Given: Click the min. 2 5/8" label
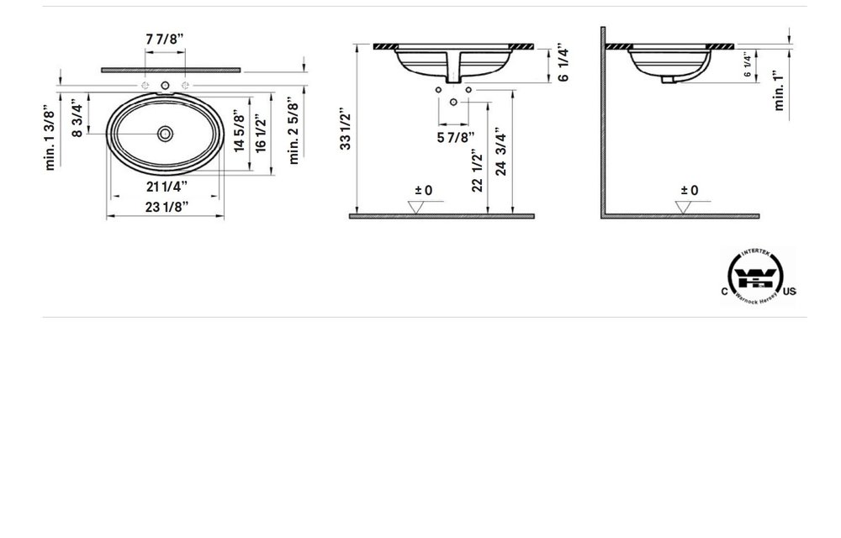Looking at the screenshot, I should point(294,131).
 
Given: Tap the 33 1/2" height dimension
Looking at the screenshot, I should point(345,129).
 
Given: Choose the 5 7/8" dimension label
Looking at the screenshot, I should point(455,138).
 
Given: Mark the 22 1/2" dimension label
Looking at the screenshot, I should point(477,171).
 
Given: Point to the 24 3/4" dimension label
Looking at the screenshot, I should point(501,151).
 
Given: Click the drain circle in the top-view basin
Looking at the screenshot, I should point(166,133).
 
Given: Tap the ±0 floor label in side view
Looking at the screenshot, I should point(689,191).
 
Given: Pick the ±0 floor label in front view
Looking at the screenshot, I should point(423,191).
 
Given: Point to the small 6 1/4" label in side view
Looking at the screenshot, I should point(747,65).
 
